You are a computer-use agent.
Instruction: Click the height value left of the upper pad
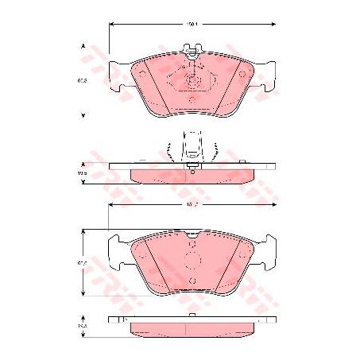click(x=82, y=80)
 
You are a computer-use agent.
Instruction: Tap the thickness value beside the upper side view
click(x=82, y=172)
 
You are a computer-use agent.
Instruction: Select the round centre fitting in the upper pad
click(x=191, y=80)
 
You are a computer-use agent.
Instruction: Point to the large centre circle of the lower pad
click(x=191, y=262)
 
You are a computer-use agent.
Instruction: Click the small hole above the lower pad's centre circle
click(x=191, y=246)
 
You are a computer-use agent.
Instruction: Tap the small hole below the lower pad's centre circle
click(x=191, y=281)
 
